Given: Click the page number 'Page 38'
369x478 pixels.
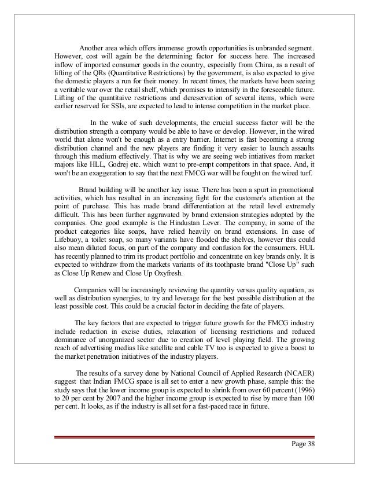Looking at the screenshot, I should pyautogui.click(x=301, y=443).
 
